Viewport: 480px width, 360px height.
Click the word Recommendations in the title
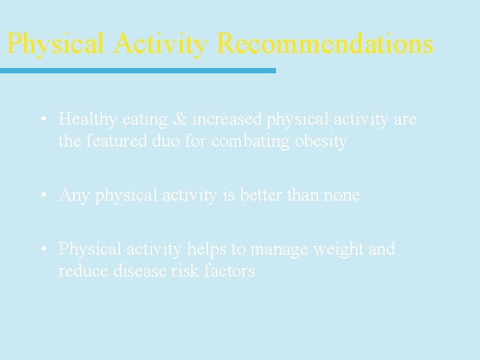pyautogui.click(x=325, y=44)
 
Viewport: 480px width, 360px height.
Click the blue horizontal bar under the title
pyautogui.click(x=137, y=70)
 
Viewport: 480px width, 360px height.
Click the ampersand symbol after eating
pyautogui.click(x=180, y=119)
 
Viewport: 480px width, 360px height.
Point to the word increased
pyautogui.click(x=227, y=119)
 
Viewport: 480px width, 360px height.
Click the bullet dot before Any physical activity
pyautogui.click(x=43, y=195)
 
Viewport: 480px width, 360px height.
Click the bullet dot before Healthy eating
pyautogui.click(x=43, y=119)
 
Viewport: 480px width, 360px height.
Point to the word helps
pyautogui.click(x=206, y=249)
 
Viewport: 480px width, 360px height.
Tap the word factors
pyautogui.click(x=229, y=271)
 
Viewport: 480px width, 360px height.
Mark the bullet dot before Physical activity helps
pyautogui.click(x=43, y=249)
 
